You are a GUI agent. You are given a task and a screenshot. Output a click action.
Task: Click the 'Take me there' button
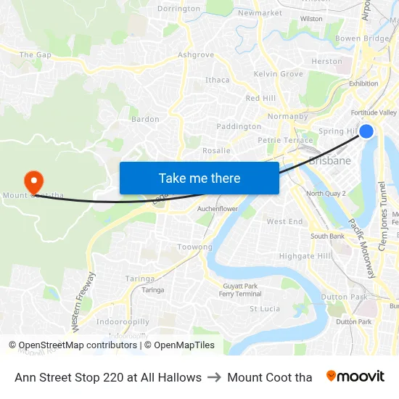[199, 178]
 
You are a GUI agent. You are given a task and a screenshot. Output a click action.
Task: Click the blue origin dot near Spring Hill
[366, 131]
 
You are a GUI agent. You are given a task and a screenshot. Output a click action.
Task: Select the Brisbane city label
[329, 161]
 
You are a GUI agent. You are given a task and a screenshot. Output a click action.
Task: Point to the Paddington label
[239, 126]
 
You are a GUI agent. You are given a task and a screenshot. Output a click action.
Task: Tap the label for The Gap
[35, 54]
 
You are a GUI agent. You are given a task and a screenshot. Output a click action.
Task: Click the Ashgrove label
[196, 54]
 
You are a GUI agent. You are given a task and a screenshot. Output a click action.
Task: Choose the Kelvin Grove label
[279, 74]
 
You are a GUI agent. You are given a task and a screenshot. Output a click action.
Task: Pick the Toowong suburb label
[195, 247]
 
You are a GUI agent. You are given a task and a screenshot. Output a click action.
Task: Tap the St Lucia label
[265, 308]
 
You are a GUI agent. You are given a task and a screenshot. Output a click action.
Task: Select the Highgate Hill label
[305, 256]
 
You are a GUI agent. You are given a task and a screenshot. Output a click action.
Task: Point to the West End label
[285, 221]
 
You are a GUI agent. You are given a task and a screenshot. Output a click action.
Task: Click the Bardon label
[144, 119]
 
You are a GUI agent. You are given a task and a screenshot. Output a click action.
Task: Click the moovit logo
[355, 377]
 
